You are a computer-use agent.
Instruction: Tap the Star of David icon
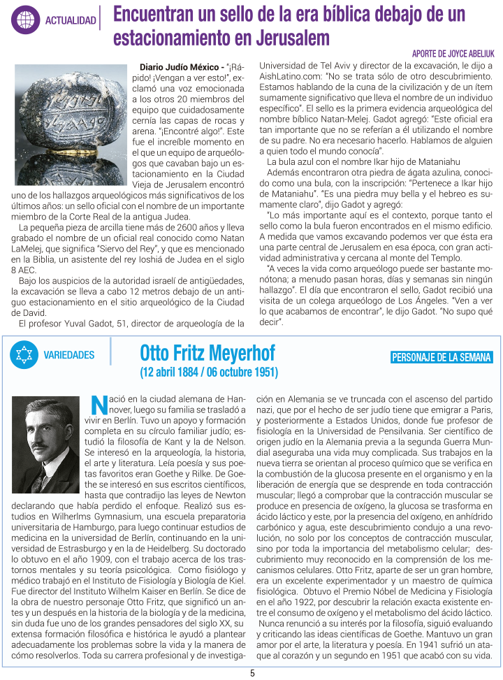tap(24, 354)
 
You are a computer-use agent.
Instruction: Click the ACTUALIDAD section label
tap(70, 20)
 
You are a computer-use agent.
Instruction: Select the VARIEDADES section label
tap(69, 355)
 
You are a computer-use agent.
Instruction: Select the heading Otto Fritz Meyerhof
tap(207, 352)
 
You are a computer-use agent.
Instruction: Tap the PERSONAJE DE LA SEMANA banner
tap(442, 358)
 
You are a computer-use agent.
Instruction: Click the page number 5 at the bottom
tap(252, 674)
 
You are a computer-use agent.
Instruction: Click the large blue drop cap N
tap(98, 404)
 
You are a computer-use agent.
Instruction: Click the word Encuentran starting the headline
tap(150, 14)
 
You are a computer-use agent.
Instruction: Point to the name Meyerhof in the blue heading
tap(239, 352)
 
